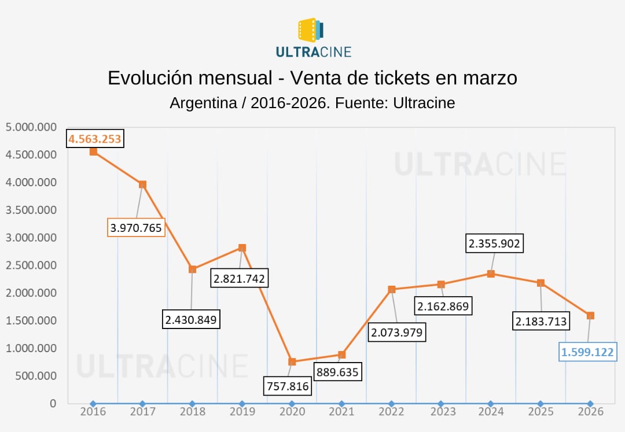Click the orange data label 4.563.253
pos(95,139)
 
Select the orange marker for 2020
pos(292,361)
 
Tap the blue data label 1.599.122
pos(587,352)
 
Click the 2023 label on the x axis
pos(441,412)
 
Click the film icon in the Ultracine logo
pos(310,30)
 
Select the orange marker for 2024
pos(491,274)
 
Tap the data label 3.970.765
pos(137,227)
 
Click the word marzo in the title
pos(488,78)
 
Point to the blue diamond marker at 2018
pos(192,404)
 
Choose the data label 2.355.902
pos(495,244)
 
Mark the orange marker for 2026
pos(590,316)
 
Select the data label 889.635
pos(337,371)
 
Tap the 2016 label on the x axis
pos(93,412)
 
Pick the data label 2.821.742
pos(239,279)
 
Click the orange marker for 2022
pos(392,289)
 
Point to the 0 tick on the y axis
pos(53,403)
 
